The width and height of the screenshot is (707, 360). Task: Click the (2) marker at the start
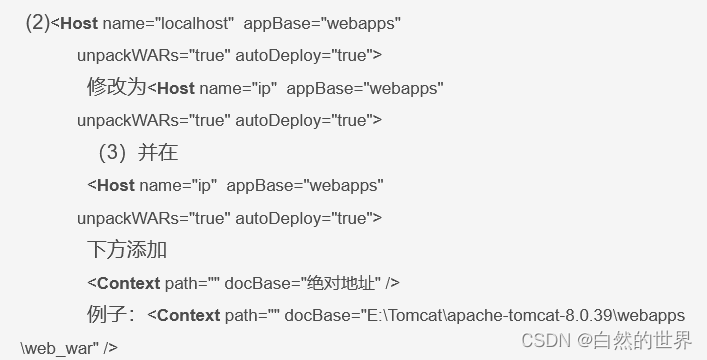point(38,23)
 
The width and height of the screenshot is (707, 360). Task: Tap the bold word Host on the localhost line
point(79,23)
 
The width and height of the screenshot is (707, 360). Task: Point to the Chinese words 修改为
point(117,87)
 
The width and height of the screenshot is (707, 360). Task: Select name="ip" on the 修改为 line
point(237,88)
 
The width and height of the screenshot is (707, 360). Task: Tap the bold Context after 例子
point(189,316)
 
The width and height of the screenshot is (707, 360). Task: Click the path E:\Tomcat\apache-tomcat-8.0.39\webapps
point(521,316)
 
